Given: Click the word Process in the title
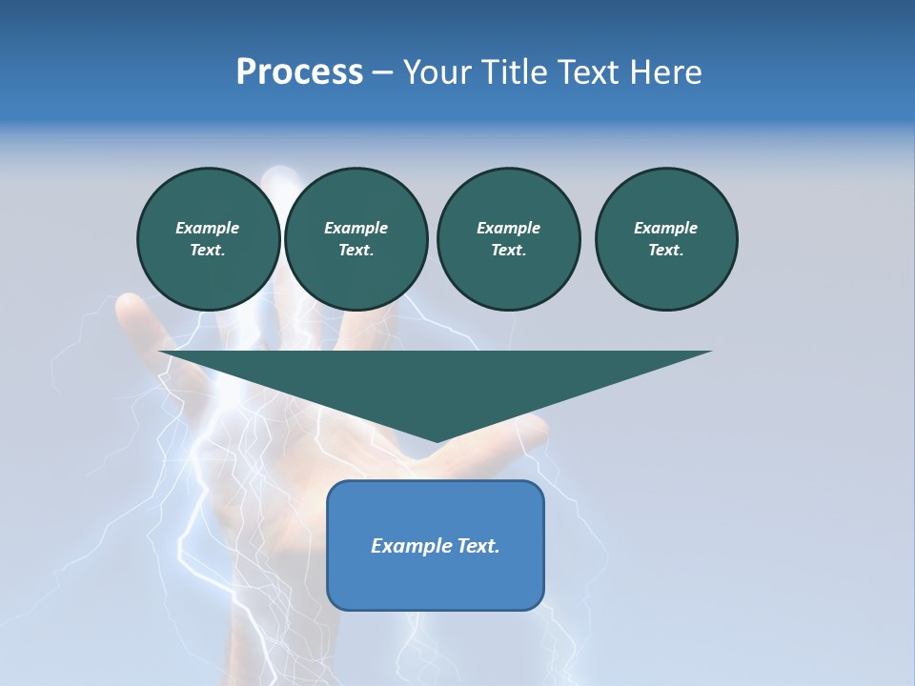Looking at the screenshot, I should click(299, 72).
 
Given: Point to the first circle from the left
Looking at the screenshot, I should click(208, 239).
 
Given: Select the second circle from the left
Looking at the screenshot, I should click(356, 239).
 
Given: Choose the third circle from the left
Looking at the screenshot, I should click(508, 239).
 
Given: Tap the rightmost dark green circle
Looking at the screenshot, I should click(666, 239).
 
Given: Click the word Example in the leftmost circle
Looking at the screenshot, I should click(208, 228).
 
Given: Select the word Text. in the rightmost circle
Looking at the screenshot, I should click(666, 251).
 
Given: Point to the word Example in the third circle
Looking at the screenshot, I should click(508, 228).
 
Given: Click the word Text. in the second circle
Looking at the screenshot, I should click(356, 251).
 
